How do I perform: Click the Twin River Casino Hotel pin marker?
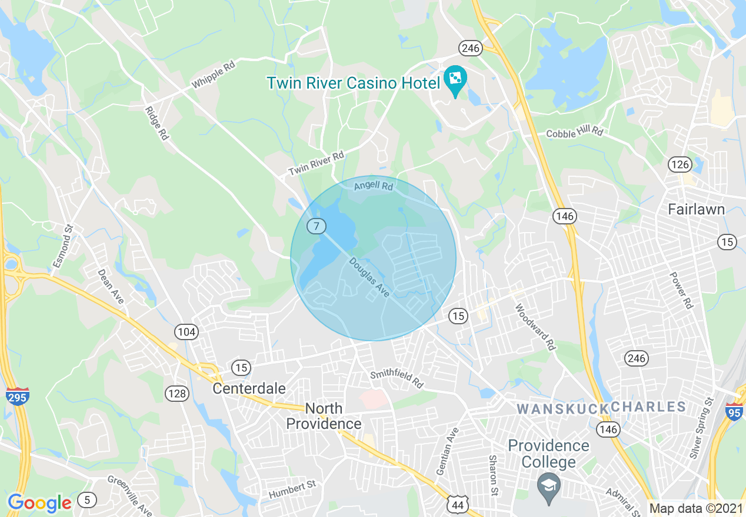coord(455,80)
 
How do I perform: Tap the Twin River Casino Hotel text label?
coord(353,83)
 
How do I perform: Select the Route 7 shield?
coord(317,226)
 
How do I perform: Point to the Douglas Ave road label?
coord(369,276)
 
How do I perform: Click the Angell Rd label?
coord(373,186)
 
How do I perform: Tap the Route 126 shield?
coord(680,164)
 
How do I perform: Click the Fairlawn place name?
coord(696,209)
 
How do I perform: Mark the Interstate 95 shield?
coord(733,409)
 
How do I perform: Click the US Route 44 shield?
coord(457,503)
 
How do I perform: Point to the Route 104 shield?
coord(186,332)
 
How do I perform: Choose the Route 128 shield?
coord(176,393)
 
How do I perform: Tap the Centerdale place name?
coord(249,388)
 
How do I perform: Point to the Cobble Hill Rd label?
coord(575,132)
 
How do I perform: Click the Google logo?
coord(39,503)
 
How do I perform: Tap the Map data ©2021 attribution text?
coord(696,508)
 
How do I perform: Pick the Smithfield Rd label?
coord(397,379)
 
